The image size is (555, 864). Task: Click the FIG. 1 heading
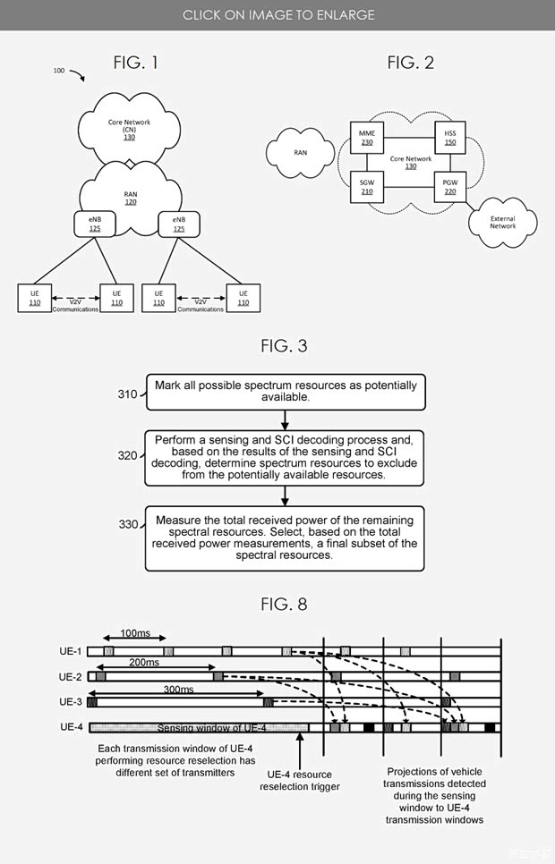135,62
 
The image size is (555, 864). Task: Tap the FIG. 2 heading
411,62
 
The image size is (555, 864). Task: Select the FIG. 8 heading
284,605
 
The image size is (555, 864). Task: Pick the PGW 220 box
449,185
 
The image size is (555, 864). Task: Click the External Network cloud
502,222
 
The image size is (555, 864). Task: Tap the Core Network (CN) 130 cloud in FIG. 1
129,129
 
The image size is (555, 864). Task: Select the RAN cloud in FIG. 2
300,152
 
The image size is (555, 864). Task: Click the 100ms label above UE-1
135,634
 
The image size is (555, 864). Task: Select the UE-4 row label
71,727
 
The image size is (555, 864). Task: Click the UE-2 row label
71,677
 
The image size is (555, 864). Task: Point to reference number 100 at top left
59,70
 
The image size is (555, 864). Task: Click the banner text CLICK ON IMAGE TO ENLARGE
278,14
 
